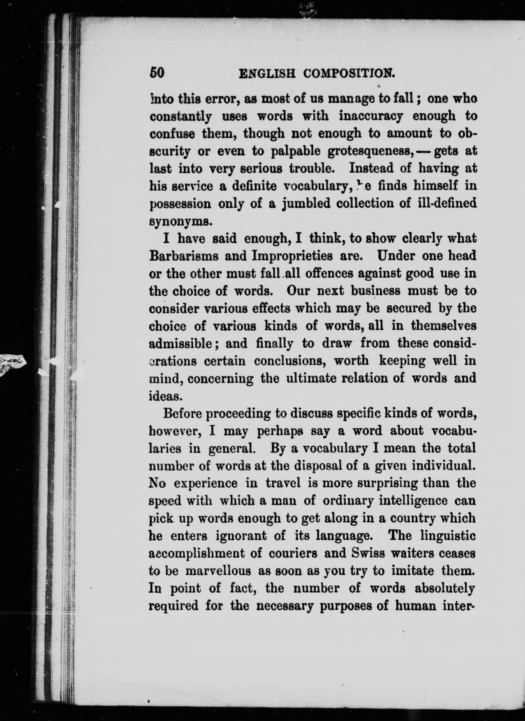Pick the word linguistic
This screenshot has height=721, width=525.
pos(448,536)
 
